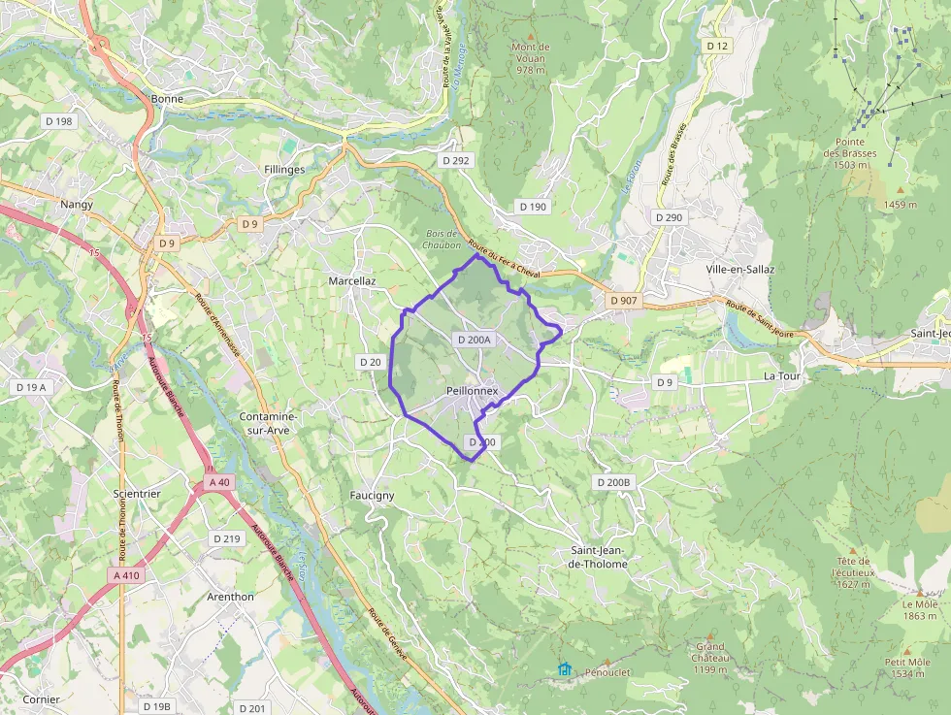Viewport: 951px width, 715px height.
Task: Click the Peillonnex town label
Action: coord(472,390)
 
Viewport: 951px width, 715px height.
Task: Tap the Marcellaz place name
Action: coord(351,280)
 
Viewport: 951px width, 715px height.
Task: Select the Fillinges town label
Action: coord(284,169)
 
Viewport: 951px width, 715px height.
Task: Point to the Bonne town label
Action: coord(167,98)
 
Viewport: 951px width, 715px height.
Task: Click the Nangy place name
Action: coord(77,204)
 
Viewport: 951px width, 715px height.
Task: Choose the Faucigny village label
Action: coord(372,495)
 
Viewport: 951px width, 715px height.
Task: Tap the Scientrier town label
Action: coord(137,493)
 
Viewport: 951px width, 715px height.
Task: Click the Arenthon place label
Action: coord(230,597)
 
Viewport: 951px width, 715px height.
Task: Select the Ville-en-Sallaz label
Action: coord(746,269)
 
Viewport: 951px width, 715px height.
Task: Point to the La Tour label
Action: coord(780,375)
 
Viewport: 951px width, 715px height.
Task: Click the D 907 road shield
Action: coord(624,301)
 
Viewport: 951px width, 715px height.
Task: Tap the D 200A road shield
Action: coord(475,340)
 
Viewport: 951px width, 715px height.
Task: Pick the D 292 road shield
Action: coord(455,160)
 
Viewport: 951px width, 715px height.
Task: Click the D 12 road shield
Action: coord(717,46)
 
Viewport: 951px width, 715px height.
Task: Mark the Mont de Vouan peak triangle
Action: coord(531,36)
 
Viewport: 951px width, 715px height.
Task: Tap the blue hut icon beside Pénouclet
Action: coord(564,669)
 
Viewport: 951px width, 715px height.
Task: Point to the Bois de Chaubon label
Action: coord(442,239)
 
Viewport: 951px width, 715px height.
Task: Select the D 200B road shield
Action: coord(613,482)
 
